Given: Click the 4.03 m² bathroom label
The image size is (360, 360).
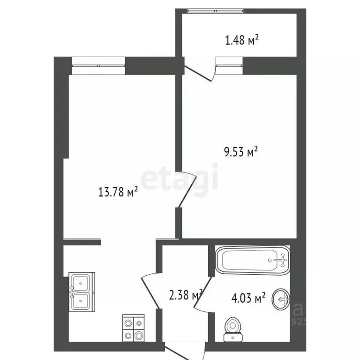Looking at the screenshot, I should pos(248,297).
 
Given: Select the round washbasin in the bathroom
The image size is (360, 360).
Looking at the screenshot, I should pos(282,297).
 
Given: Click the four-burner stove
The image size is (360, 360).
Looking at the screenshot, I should pos(133,329).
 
